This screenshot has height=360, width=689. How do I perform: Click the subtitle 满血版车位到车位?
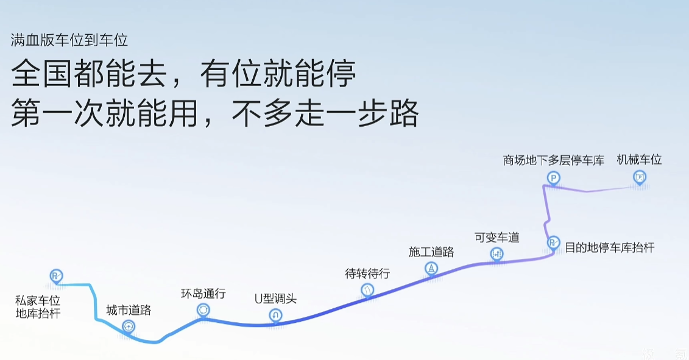[x=69, y=40]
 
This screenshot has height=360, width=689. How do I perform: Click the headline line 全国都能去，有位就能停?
[x=183, y=74]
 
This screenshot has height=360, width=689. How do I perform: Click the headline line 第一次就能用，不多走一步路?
[x=215, y=113]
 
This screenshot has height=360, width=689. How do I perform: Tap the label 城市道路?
[x=129, y=310]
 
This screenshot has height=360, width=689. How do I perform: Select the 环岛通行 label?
[x=203, y=294]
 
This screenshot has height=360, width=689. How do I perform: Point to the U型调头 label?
[x=275, y=299]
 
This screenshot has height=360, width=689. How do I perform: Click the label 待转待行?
[x=367, y=274]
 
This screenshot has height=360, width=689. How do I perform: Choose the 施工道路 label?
[x=431, y=252]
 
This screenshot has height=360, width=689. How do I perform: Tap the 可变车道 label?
[x=497, y=238]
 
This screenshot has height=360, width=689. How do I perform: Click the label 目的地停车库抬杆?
[x=609, y=247]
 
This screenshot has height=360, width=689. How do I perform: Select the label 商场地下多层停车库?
[x=554, y=160]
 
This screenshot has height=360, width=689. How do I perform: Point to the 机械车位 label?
[x=639, y=160]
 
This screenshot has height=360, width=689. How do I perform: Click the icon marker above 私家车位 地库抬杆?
[x=56, y=276]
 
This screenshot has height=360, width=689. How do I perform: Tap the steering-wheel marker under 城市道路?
[x=129, y=326]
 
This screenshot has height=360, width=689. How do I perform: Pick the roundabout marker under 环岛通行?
[x=203, y=310]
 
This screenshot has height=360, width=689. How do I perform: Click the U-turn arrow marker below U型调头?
[x=275, y=315]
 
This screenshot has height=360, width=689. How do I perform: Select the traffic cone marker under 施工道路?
[x=431, y=268]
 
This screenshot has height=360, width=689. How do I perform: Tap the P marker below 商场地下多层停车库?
[x=554, y=178]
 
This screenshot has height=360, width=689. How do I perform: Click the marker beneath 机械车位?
[x=640, y=177]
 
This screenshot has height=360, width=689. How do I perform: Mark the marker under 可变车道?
[x=496, y=253]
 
